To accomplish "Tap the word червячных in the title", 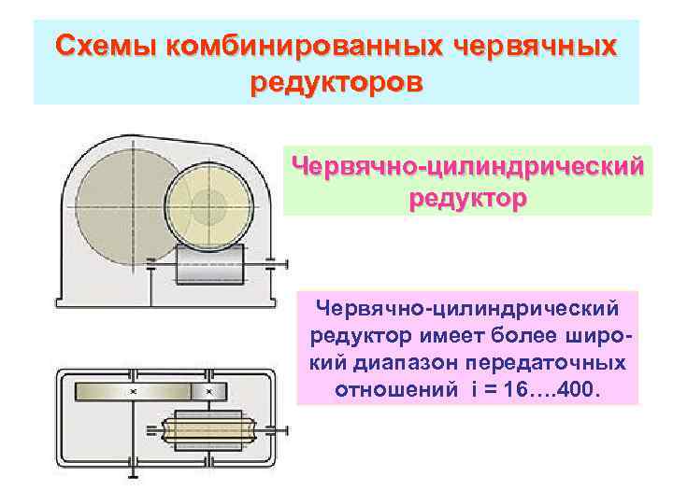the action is pos(534,46).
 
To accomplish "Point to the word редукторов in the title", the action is pos(336,81).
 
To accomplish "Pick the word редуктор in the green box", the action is pos(467,199).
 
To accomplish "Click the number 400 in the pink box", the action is pos(576,387).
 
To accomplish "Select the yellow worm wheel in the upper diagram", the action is pos(210,203).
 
